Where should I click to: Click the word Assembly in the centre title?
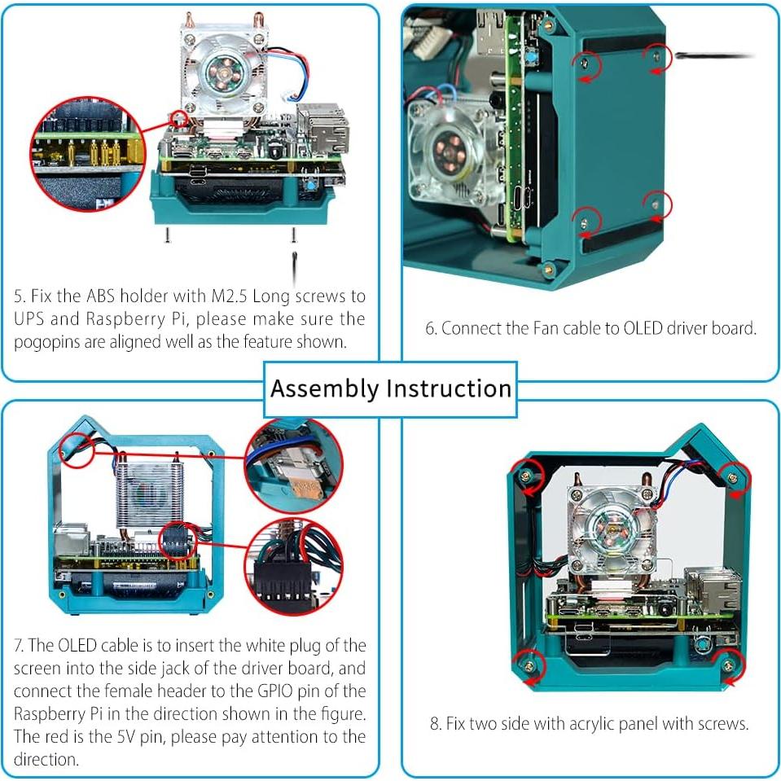(x=324, y=388)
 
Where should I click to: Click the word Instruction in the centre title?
(x=449, y=388)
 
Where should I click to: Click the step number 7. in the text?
(x=20, y=646)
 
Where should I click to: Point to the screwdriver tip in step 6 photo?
(x=679, y=55)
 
